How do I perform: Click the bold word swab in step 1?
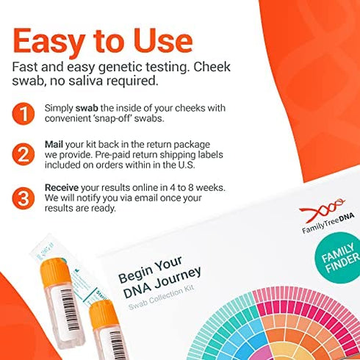[x=87, y=107]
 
